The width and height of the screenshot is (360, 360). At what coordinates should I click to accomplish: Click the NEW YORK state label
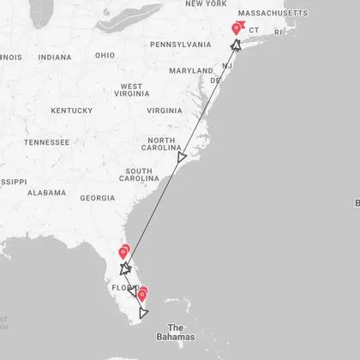pyautogui.click(x=205, y=4)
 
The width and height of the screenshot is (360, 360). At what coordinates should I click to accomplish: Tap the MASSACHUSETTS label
pyautogui.click(x=273, y=14)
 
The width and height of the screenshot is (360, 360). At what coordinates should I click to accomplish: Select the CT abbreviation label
pyautogui.click(x=254, y=30)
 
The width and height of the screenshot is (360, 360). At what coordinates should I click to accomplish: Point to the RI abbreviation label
pyautogui.click(x=278, y=32)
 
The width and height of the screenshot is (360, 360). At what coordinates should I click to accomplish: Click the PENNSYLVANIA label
pyautogui.click(x=180, y=44)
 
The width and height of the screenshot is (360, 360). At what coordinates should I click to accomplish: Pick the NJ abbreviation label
pyautogui.click(x=227, y=66)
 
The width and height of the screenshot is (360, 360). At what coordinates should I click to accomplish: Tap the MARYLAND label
pyautogui.click(x=190, y=70)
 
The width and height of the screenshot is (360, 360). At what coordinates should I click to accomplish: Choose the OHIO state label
pyautogui.click(x=105, y=56)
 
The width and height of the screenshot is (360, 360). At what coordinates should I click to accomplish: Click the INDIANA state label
pyautogui.click(x=55, y=57)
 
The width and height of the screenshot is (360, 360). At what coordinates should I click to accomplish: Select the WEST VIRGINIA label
pyautogui.click(x=131, y=91)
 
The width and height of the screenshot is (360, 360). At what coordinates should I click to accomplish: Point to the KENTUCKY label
pyautogui.click(x=71, y=111)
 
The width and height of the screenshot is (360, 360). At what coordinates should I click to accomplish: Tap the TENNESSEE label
pyautogui.click(x=47, y=142)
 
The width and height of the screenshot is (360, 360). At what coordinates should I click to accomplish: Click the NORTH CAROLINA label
pyautogui.click(x=161, y=145)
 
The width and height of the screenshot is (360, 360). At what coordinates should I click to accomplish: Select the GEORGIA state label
pyautogui.click(x=97, y=198)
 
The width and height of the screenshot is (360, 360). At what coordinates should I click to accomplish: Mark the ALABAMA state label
pyautogui.click(x=46, y=193)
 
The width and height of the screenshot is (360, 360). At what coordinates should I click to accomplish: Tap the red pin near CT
pyautogui.click(x=237, y=29)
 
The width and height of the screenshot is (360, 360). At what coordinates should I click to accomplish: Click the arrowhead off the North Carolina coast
pyautogui.click(x=181, y=158)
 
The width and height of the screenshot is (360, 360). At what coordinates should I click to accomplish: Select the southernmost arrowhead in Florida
pyautogui.click(x=143, y=313)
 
